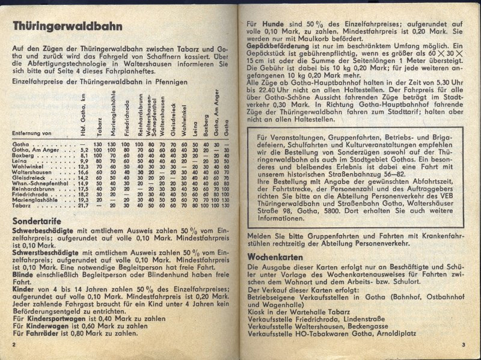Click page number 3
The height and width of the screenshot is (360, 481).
point(464,344)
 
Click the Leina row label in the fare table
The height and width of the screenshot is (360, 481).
point(22,161)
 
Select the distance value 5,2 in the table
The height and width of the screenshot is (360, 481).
point(84,150)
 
